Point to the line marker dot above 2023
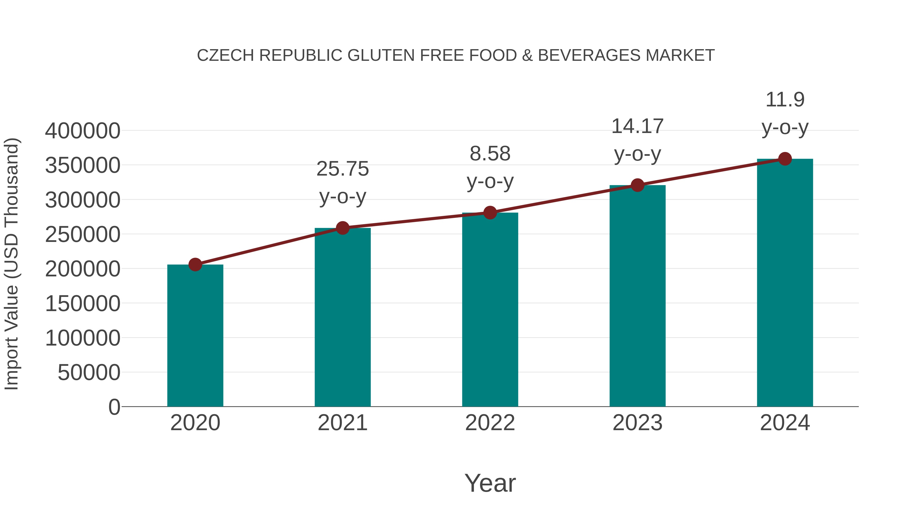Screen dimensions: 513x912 click(637, 185)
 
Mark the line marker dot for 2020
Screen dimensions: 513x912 click(195, 264)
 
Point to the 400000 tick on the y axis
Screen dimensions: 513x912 click(83, 131)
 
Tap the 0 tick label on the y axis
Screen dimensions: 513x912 click(114, 407)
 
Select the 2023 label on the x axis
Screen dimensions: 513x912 click(637, 423)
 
